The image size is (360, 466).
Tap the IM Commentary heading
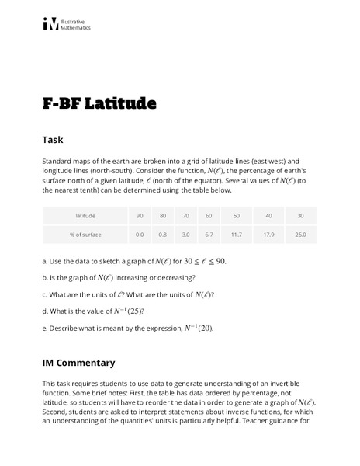(78, 363)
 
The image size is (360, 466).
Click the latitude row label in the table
(85, 215)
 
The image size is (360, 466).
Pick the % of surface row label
(85, 234)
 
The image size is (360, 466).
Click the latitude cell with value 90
(140, 215)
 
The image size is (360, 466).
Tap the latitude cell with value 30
(300, 215)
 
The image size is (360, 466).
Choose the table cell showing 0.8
(161, 234)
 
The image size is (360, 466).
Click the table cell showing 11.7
(237, 234)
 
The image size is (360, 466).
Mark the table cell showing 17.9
(268, 234)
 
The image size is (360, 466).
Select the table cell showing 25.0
(300, 234)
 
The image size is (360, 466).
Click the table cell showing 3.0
(185, 234)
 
